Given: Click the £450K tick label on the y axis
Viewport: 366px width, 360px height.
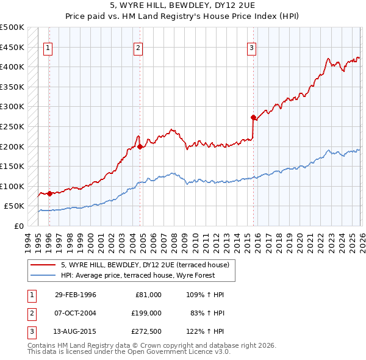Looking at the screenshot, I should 12,47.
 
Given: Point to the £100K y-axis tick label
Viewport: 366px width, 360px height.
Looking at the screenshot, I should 12,187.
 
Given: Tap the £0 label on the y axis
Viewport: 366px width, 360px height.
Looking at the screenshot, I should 18,226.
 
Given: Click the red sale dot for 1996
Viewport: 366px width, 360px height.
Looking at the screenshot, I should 49,193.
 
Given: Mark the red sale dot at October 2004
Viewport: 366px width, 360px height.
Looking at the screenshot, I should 140,146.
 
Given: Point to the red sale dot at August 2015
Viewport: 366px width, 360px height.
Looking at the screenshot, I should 253,117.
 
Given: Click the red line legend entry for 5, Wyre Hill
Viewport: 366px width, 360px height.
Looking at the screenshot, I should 145,265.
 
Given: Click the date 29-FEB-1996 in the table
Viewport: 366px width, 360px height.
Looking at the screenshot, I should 75,295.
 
